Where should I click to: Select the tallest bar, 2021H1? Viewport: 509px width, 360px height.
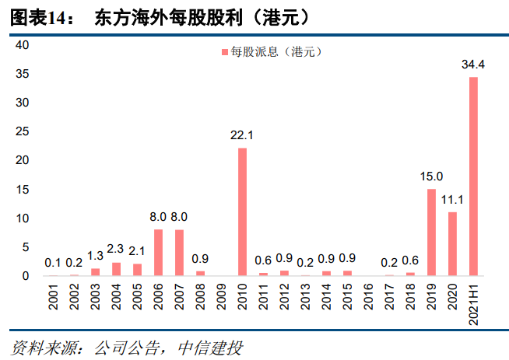[473, 177]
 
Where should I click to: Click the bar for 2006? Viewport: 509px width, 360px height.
[158, 253]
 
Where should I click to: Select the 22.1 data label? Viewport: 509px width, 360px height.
[242, 135]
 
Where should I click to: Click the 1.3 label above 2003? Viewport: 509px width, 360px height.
[95, 255]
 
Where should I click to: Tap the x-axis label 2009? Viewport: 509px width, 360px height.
[221, 298]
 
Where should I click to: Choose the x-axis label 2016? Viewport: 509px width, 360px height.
[368, 298]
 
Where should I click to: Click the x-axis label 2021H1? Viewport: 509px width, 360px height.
[473, 303]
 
